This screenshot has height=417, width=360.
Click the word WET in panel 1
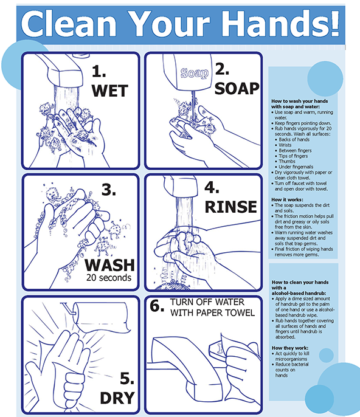(x=109, y=91)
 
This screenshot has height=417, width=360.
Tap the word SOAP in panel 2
(x=237, y=89)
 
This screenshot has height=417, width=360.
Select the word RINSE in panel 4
(x=230, y=207)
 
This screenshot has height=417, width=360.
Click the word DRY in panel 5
(x=117, y=398)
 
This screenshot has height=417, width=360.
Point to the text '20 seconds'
(x=109, y=278)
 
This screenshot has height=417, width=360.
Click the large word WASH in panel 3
(x=109, y=265)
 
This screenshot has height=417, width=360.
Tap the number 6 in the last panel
(x=155, y=306)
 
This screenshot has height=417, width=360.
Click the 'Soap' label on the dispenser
(x=194, y=73)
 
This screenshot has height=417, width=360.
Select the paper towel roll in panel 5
(x=102, y=317)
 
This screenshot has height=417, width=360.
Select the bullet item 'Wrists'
(x=285, y=145)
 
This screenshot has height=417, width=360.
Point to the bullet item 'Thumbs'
(x=287, y=162)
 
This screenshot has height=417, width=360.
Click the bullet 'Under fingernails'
(x=296, y=167)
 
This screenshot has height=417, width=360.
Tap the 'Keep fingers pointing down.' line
(x=303, y=123)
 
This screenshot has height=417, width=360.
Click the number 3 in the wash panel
(x=109, y=190)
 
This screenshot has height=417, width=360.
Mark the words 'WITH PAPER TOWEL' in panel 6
(x=213, y=312)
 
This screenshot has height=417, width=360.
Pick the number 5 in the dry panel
(x=127, y=378)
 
